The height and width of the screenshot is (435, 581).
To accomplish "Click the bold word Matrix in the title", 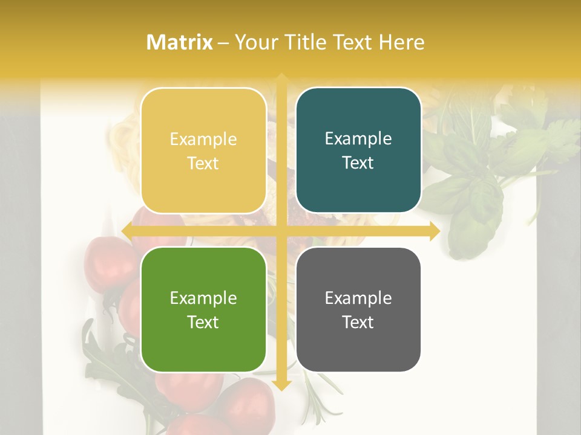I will tap(180, 42).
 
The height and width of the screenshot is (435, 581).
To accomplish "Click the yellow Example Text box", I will tap(203, 151).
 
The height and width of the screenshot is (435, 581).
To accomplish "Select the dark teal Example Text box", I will tap(358, 150).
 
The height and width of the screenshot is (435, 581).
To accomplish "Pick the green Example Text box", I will tap(203, 310).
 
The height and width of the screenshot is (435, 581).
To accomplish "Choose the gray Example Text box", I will tap(358, 310).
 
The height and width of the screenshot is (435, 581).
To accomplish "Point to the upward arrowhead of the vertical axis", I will tap(280, 79).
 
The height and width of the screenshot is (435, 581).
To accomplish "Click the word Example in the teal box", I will tap(358, 139).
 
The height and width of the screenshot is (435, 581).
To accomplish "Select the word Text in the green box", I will tap(203, 322).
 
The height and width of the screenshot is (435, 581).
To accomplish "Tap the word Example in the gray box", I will tap(358, 298).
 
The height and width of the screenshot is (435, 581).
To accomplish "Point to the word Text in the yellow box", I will tap(203, 163).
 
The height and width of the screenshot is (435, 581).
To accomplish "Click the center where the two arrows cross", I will tap(280, 231).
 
